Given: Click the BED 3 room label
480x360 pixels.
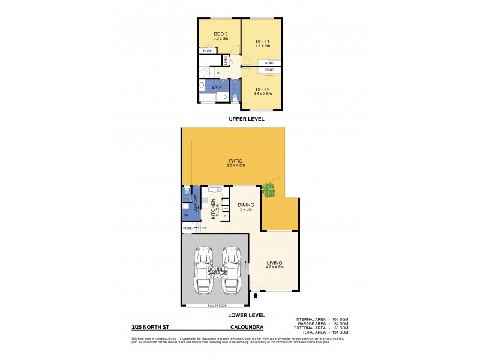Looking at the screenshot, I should coord(220,34).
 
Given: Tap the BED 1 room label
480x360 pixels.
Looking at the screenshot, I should coord(263,41).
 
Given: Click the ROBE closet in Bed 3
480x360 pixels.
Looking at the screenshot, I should coord(207,51).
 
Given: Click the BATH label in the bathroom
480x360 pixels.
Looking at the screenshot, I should coord(216,88).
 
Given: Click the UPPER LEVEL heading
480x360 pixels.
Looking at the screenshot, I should coord(247,119).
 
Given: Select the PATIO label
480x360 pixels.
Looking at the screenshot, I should coord(235,161).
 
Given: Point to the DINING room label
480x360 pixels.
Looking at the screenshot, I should coord(246,205).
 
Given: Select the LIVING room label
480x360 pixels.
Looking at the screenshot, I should coord(274,263).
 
